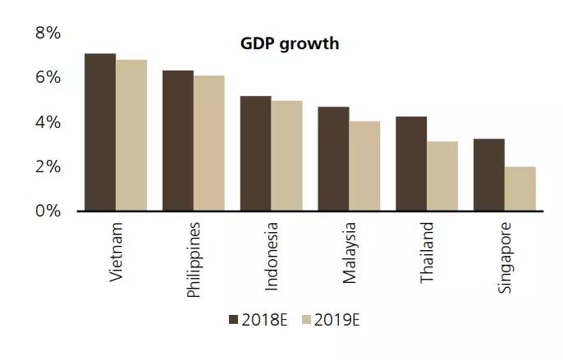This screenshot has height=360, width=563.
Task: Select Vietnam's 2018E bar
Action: tap(100, 132)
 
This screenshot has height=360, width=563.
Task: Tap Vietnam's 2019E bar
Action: tap(131, 135)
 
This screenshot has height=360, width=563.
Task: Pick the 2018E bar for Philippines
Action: tap(178, 140)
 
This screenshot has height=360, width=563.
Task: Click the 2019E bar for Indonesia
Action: tap(286, 156)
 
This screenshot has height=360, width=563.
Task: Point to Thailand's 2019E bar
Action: tap(442, 175)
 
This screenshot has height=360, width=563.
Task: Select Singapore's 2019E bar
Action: tap(520, 189)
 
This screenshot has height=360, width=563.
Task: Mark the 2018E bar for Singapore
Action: tap(489, 175)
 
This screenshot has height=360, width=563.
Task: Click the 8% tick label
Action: tap(48, 34)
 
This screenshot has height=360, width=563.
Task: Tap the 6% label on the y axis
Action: tap(48, 78)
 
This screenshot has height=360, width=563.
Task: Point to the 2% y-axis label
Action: tap(48, 166)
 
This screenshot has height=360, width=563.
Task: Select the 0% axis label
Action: tap(48, 211)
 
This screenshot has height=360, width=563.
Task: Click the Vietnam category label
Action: tap(117, 252)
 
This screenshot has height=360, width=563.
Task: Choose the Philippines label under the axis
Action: tap(195, 259)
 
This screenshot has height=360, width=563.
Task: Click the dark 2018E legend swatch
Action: tap(233, 320)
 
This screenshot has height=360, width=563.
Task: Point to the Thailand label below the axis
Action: tap(428, 253)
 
